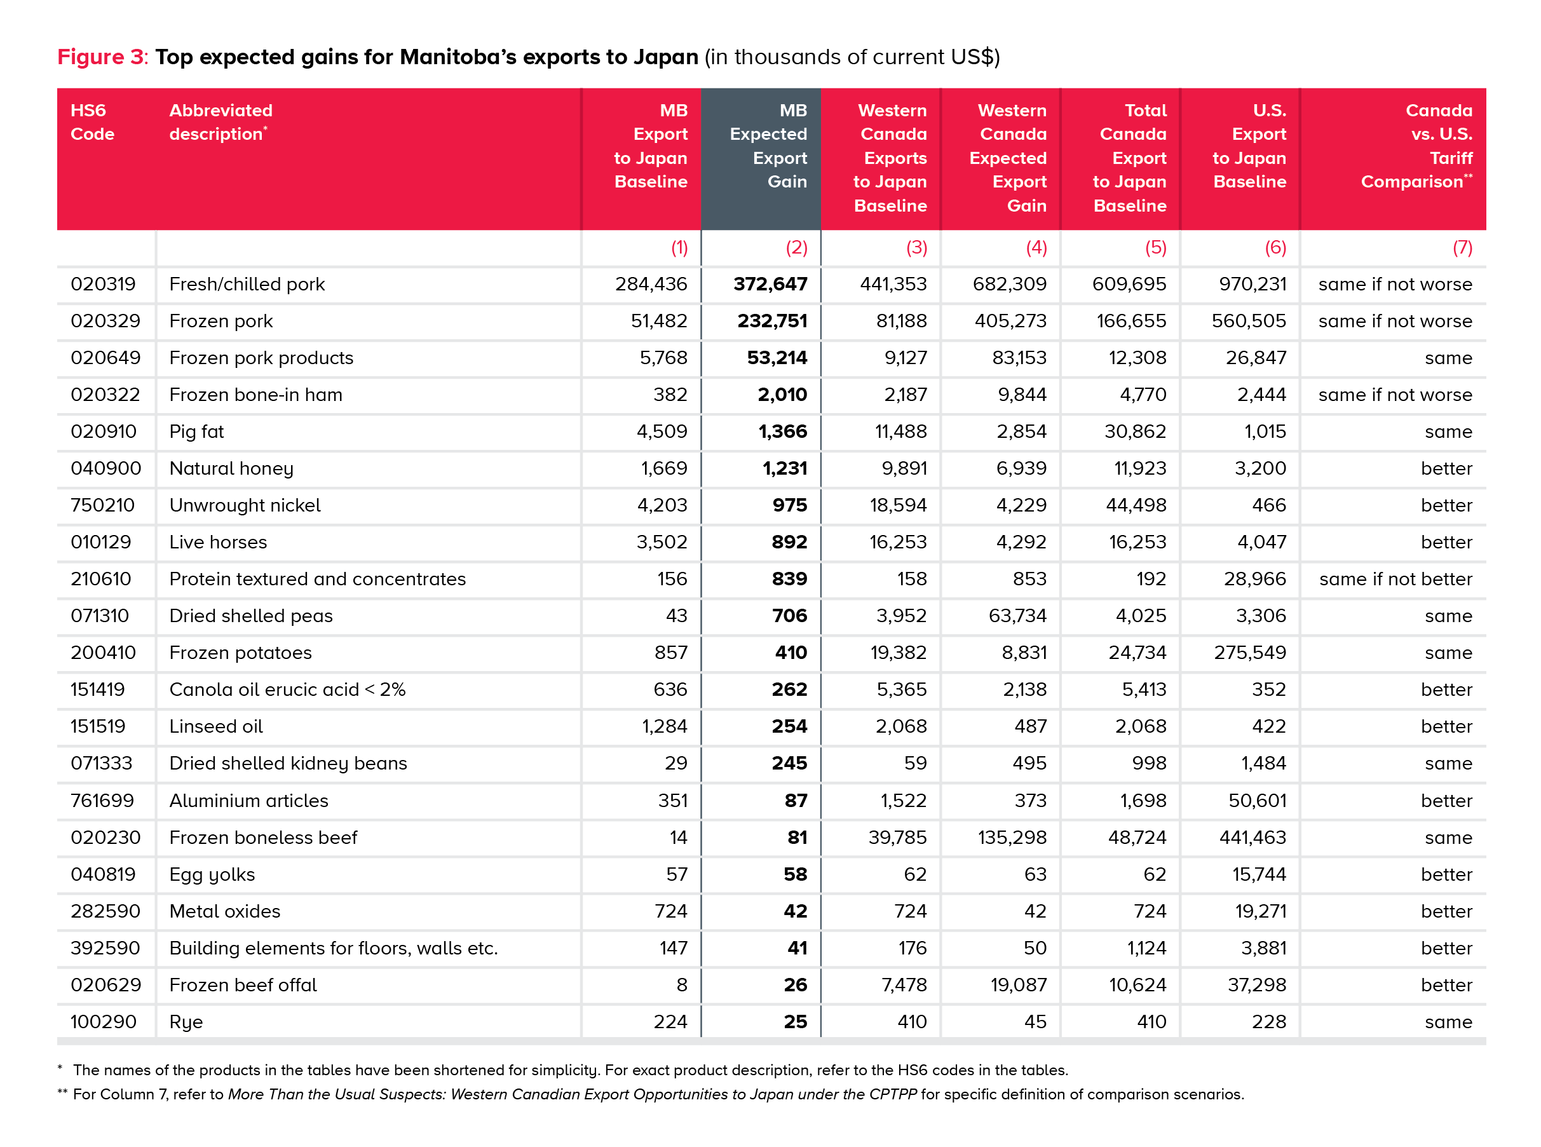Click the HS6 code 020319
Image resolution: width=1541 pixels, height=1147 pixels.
pyautogui.click(x=103, y=284)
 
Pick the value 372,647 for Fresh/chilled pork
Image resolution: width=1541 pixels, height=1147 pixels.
pyautogui.click(x=770, y=284)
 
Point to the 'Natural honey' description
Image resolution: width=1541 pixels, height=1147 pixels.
pyautogui.click(x=231, y=469)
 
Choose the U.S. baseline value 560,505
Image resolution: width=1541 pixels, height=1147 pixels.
pyautogui.click(x=1248, y=321)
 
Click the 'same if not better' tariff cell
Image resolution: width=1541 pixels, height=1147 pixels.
pyautogui.click(x=1395, y=579)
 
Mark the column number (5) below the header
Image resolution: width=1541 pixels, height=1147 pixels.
pyautogui.click(x=1155, y=248)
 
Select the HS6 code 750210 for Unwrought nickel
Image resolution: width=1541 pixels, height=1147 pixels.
pyautogui.click(x=102, y=505)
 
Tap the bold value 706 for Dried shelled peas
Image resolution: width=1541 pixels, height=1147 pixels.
pyautogui.click(x=789, y=616)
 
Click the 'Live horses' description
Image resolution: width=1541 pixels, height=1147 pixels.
pyautogui.click(x=218, y=542)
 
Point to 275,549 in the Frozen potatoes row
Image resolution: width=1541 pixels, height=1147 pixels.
pyautogui.click(x=1249, y=653)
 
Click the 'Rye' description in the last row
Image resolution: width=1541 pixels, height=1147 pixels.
pyautogui.click(x=186, y=1022)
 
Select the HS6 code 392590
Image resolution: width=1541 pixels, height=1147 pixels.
pyautogui.click(x=105, y=949)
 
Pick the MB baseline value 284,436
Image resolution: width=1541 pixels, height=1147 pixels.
pyautogui.click(x=651, y=284)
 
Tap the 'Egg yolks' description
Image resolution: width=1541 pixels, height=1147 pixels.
pyautogui.click(x=212, y=875)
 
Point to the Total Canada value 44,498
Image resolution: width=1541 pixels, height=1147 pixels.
pyautogui.click(x=1136, y=505)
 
